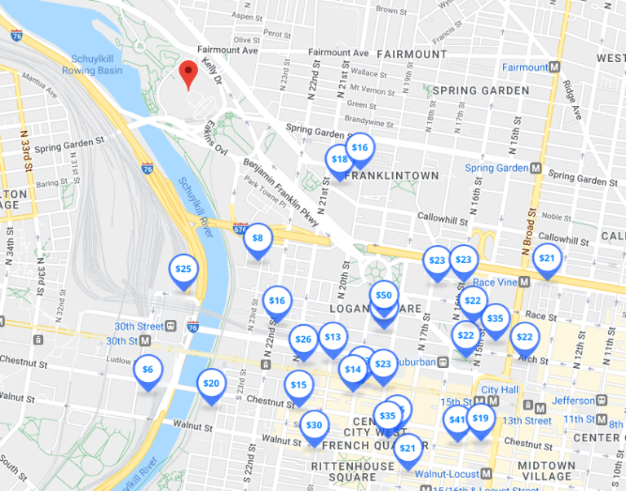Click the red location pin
point(189,74)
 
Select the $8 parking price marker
point(258,239)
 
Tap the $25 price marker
point(183,270)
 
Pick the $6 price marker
point(148,370)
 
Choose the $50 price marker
point(383,296)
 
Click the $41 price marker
point(457,420)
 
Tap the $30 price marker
point(314,426)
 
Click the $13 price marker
point(333,337)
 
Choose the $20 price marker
point(211,384)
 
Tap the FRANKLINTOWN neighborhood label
point(392,176)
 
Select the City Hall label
point(500,390)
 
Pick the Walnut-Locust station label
point(447,473)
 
